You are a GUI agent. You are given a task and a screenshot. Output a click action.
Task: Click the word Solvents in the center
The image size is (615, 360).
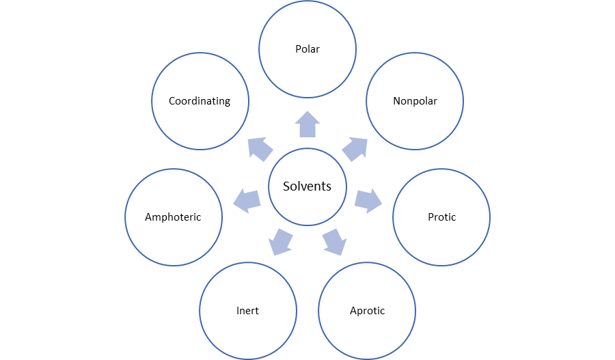pyautogui.click(x=307, y=186)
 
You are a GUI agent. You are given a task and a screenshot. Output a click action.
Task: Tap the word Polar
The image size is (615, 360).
pyautogui.click(x=307, y=49)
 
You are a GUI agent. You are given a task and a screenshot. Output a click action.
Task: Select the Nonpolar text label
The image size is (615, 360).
pyautogui.click(x=415, y=101)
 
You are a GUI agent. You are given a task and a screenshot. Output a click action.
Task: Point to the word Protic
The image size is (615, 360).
pyautogui.click(x=441, y=217)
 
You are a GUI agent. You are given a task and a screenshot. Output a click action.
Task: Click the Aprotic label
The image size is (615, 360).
pyautogui.click(x=367, y=311)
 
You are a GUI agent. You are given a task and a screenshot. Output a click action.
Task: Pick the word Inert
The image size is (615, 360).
pyautogui.click(x=247, y=311)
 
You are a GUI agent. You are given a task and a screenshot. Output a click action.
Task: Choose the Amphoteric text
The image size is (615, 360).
pyautogui.click(x=173, y=217)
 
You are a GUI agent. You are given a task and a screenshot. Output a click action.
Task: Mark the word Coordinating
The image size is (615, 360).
pyautogui.click(x=200, y=101)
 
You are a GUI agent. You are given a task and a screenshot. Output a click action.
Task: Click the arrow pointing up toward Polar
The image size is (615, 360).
pyautogui.click(x=307, y=124)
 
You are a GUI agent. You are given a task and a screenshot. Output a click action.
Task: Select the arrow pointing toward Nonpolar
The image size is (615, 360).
pyautogui.click(x=355, y=148)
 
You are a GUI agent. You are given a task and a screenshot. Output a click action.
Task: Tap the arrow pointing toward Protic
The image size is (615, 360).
pyautogui.click(x=368, y=200)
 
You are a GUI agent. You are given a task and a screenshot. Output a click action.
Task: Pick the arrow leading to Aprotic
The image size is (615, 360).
pyautogui.click(x=333, y=242)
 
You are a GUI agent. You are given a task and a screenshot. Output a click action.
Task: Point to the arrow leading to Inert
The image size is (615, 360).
pyautogui.click(x=280, y=242)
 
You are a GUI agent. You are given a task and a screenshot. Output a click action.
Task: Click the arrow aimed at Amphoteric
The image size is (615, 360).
pyautogui.click(x=247, y=200)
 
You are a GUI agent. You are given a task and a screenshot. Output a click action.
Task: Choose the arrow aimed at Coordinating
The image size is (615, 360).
pyautogui.click(x=260, y=148)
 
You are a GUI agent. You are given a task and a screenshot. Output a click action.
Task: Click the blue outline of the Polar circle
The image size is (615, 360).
pyautogui.click(x=307, y=2)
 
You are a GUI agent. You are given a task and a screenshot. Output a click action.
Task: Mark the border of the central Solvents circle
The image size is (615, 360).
pyautogui.click(x=307, y=150)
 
